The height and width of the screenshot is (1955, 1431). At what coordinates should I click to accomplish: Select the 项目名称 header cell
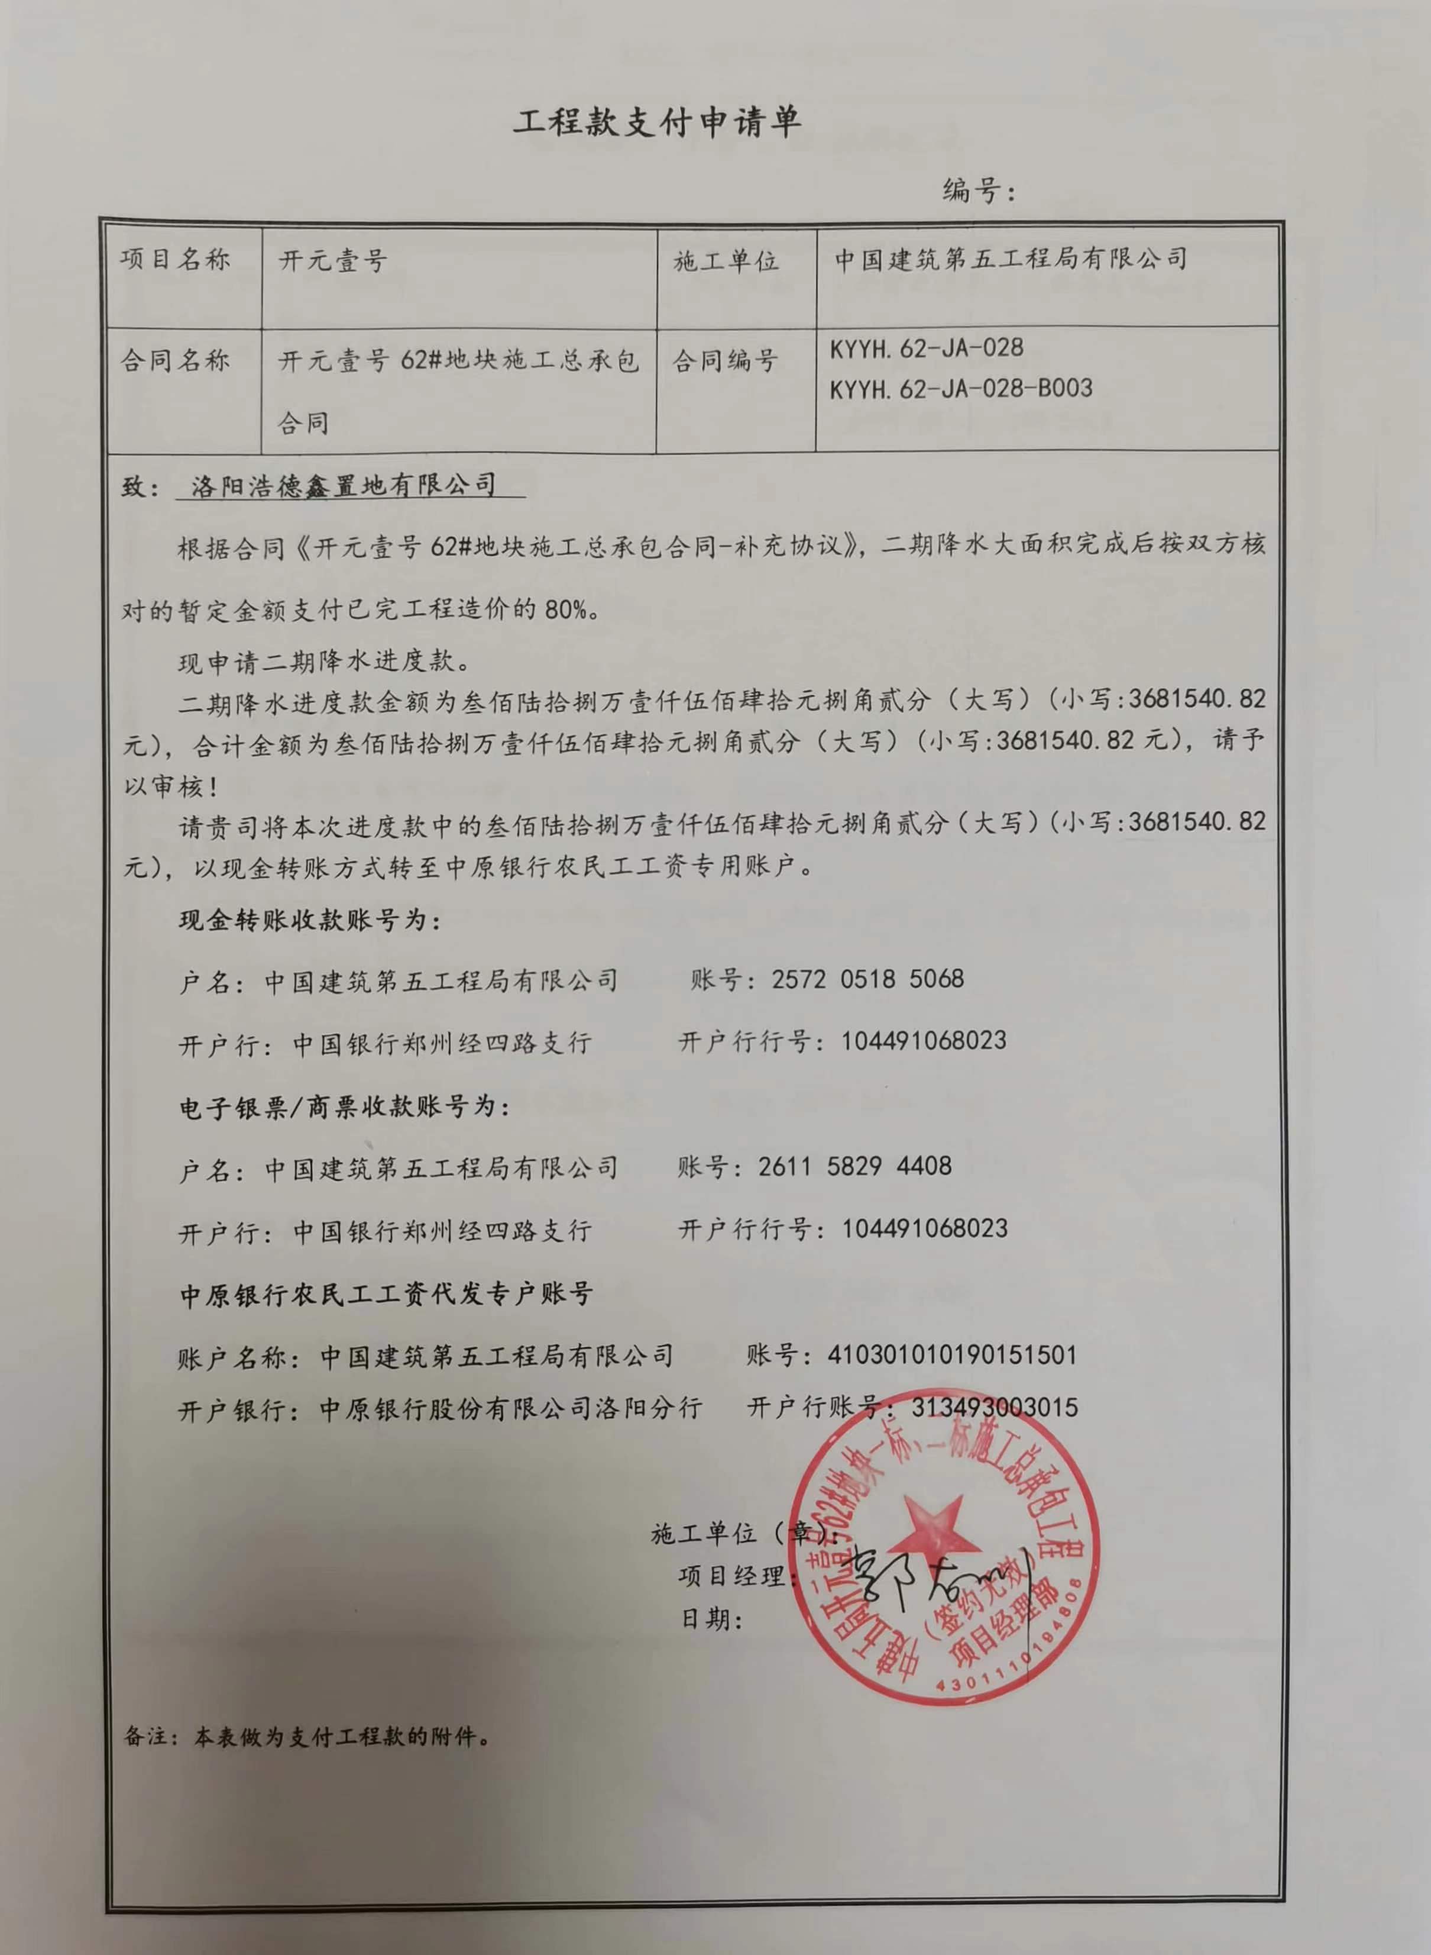coord(175,260)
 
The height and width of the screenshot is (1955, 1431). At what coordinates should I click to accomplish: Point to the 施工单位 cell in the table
coord(726,261)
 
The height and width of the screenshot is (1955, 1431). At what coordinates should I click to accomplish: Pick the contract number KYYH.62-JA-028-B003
coord(961,388)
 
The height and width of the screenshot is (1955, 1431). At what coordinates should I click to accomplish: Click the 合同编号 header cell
coord(726,360)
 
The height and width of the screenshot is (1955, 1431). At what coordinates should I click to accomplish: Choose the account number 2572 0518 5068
coord(867,979)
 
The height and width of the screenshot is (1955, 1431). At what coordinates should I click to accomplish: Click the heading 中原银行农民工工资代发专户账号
coord(386,1294)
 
